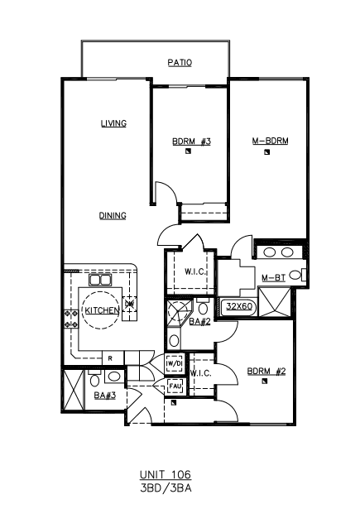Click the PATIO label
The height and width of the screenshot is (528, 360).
click(180, 63)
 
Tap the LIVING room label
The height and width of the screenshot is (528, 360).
click(114, 123)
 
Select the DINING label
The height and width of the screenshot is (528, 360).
click(113, 215)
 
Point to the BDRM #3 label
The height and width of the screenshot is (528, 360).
click(191, 142)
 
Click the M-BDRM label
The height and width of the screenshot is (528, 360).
click(270, 141)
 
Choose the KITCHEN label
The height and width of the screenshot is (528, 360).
click(102, 310)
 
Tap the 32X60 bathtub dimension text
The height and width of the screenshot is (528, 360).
click(239, 306)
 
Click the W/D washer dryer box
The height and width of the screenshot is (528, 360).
click(175, 363)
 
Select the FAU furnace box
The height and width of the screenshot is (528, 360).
click(175, 386)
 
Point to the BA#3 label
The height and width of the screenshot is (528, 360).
click(105, 395)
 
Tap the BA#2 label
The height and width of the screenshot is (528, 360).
click(199, 322)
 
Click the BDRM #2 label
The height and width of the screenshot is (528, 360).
click(266, 372)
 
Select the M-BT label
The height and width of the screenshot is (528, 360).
click(274, 278)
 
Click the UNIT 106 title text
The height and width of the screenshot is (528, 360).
click(166, 475)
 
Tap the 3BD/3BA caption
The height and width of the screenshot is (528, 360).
click(166, 488)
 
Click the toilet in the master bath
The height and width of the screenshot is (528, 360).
click(298, 275)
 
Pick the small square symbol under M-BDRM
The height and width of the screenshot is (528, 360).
click(267, 152)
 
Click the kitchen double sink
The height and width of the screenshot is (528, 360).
click(100, 281)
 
